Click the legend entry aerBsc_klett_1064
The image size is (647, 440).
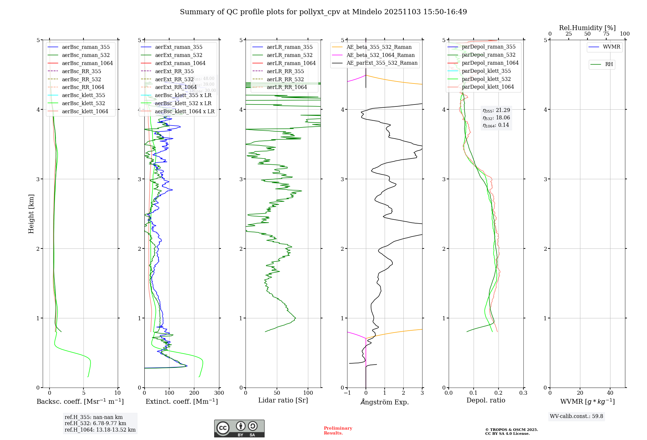(x=85, y=111)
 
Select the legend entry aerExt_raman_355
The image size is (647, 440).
(x=179, y=47)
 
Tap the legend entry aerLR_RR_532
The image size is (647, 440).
(x=285, y=79)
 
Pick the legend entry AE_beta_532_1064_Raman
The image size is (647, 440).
(x=380, y=55)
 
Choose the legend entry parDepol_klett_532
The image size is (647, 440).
(x=486, y=79)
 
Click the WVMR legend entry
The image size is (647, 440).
(x=611, y=47)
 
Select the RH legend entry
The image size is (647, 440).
(x=609, y=64)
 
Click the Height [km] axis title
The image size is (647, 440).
(x=31, y=214)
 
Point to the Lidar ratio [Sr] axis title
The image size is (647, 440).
(x=283, y=400)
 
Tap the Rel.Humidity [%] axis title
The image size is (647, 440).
(x=587, y=28)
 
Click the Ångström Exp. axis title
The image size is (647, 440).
(x=385, y=402)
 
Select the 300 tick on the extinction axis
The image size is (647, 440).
(x=219, y=393)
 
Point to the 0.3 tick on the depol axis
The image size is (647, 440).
(x=523, y=393)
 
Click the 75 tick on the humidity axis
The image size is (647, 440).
(x=606, y=34)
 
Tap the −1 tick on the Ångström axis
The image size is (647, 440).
(x=347, y=393)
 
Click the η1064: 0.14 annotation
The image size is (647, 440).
(x=496, y=125)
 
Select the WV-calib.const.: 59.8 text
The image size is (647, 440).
(x=576, y=416)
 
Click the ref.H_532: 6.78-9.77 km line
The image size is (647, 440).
(x=95, y=423)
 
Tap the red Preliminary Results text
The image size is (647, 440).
(x=338, y=431)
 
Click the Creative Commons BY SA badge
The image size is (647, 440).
(x=239, y=429)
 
